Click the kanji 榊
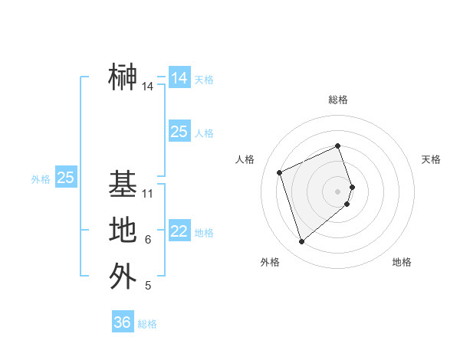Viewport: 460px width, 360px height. tap(123, 77)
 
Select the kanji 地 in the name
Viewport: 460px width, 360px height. tap(123, 230)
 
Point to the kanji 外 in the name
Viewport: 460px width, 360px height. tap(123, 275)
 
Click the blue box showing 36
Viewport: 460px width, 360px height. tap(123, 322)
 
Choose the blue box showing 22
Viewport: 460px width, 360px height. tap(179, 232)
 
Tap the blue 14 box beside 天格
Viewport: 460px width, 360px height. tap(179, 78)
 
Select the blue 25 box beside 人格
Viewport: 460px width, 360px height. tap(179, 132)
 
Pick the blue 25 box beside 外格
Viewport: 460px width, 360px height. tap(66, 178)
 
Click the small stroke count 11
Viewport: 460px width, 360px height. tap(148, 194)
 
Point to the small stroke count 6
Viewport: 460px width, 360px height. tap(148, 240)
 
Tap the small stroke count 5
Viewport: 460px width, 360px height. tap(148, 286)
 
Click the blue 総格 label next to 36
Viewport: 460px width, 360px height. tap(147, 324)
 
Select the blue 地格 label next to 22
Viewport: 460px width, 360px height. tap(204, 233)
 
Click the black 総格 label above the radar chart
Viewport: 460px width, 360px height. tap(338, 100)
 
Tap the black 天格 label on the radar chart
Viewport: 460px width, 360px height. tap(431, 159)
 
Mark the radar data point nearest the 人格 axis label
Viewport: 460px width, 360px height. tap(280, 172)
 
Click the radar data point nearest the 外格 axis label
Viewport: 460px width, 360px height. tap(302, 242)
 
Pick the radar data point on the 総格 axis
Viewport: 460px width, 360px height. tap(338, 146)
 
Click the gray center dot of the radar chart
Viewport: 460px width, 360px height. tap(338, 191)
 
